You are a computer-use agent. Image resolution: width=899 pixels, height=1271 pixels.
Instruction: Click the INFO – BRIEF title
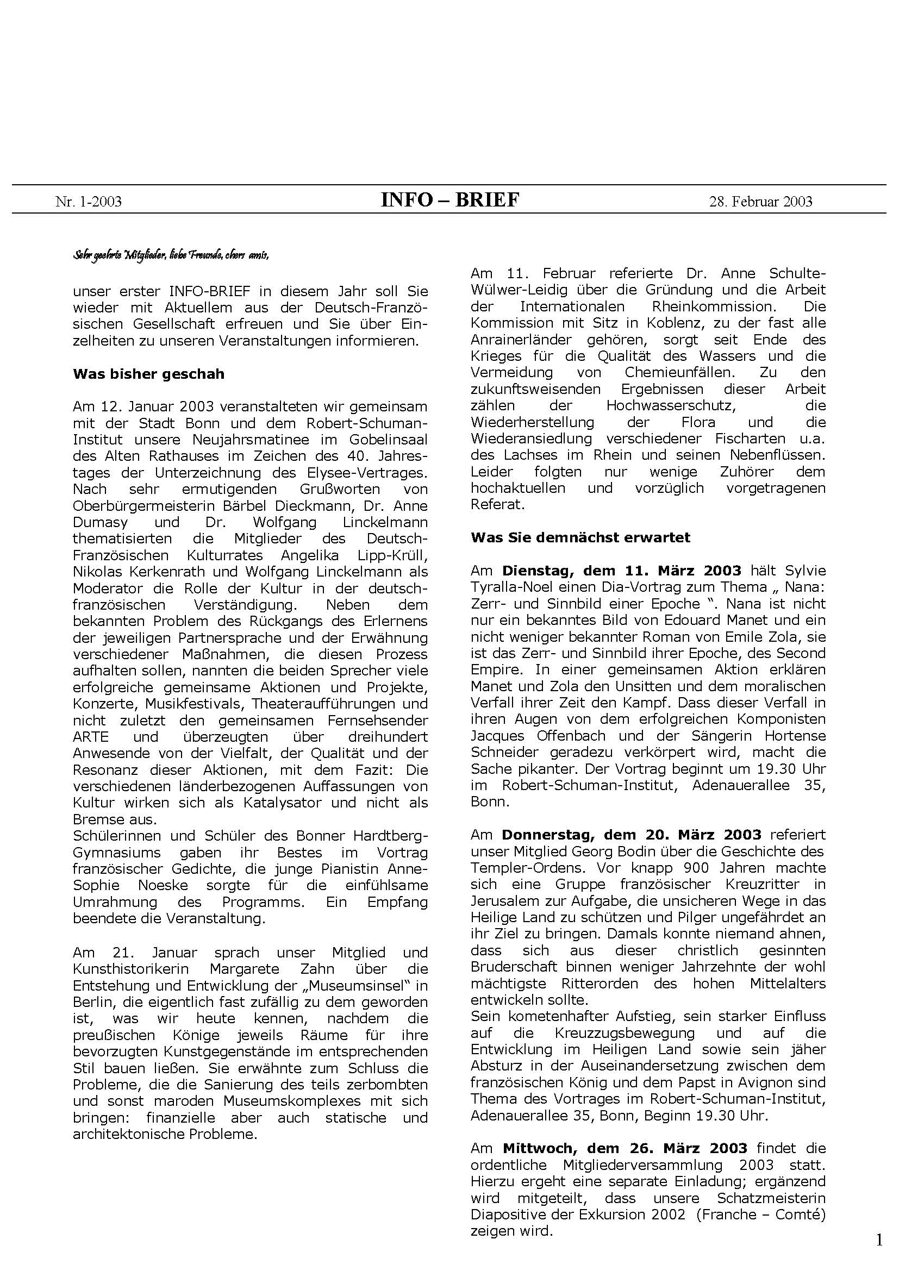[x=450, y=200]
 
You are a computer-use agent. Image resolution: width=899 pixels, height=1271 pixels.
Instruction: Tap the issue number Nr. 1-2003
[x=89, y=202]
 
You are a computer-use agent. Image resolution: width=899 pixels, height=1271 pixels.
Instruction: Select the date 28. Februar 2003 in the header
[x=760, y=202]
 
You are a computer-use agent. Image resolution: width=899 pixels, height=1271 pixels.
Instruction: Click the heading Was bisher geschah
[x=148, y=374]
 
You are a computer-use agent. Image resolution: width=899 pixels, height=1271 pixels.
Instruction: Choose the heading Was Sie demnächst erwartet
[x=580, y=537]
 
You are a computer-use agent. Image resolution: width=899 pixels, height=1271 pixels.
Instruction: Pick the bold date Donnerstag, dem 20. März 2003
[x=632, y=834]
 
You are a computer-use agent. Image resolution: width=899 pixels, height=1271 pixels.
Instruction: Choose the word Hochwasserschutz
[x=670, y=406]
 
